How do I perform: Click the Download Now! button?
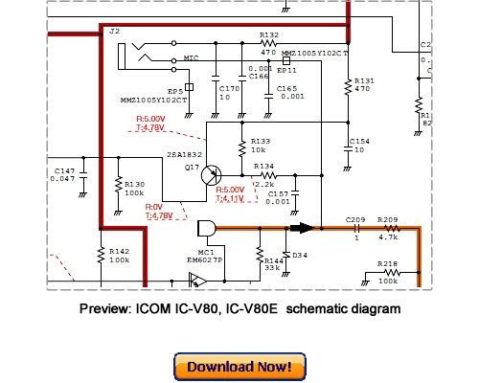coord(239,367)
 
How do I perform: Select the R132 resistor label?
coord(270,34)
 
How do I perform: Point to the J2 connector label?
coord(115,33)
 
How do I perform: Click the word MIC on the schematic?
coord(192,58)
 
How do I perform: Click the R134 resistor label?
coord(263,166)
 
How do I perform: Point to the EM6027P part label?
coord(204,259)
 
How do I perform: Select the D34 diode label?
coord(299,255)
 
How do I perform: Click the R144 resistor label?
coord(273,259)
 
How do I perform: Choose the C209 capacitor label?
coord(355,219)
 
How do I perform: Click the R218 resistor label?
coord(388,263)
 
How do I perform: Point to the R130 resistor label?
coord(133,184)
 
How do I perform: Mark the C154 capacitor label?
coord(360,141)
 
